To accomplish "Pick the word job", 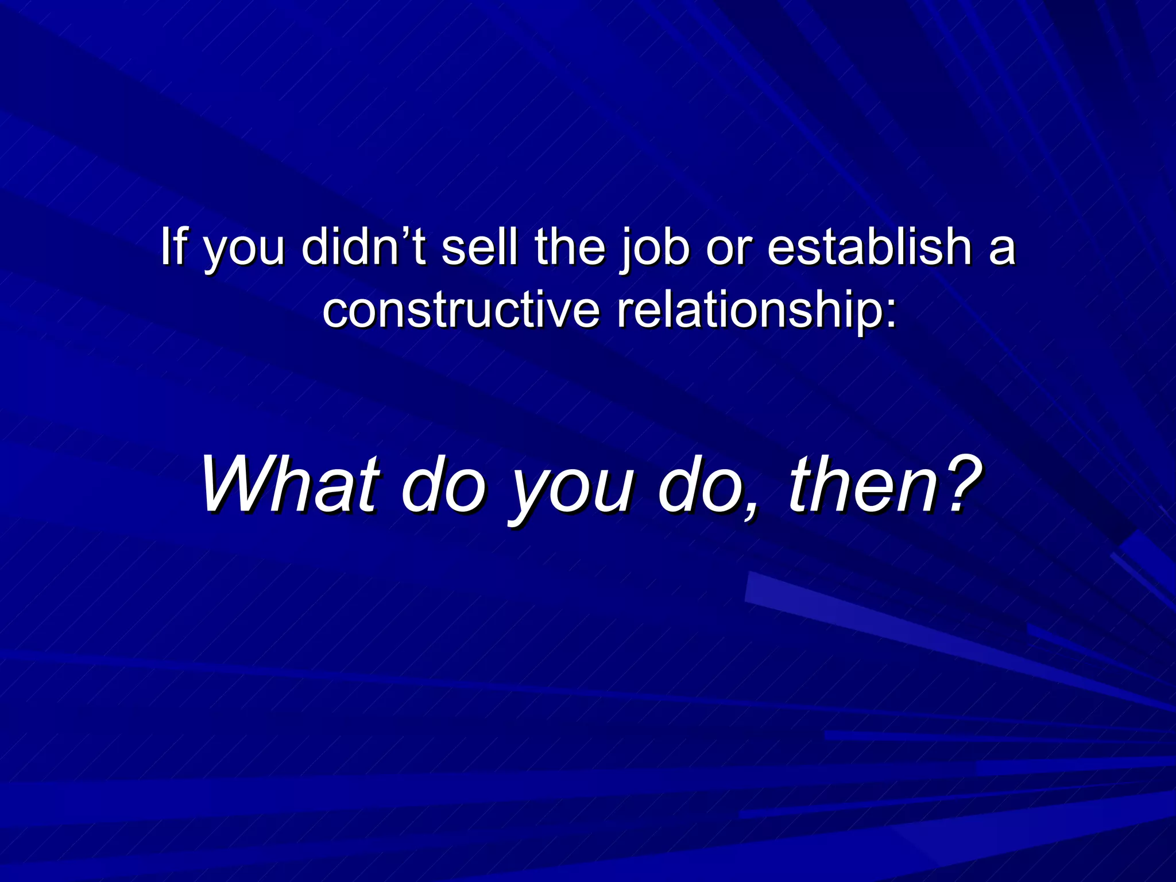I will pyautogui.click(x=655, y=250).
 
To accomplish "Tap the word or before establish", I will pyautogui.click(x=729, y=250).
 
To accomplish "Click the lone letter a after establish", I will pyautogui.click(x=1003, y=250).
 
